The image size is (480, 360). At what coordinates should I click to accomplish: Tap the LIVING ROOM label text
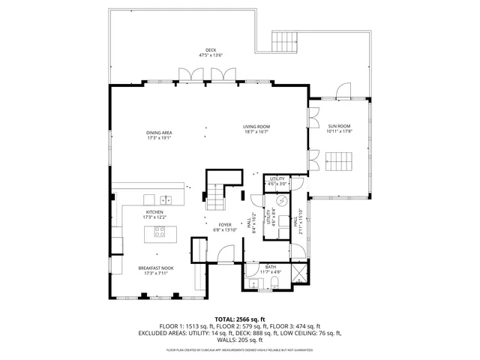[x=256, y=127]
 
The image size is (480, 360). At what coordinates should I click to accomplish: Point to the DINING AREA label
[x=160, y=133]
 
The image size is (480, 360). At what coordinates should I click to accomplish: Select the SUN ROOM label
[x=339, y=127]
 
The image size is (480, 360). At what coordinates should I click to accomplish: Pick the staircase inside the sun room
[x=340, y=161]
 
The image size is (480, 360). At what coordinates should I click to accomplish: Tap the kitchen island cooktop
[x=160, y=232]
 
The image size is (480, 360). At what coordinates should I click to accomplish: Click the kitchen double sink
[x=166, y=199]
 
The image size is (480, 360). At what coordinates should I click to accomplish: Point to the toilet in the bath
[x=274, y=283]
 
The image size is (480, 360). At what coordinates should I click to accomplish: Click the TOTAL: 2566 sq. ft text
[x=239, y=319]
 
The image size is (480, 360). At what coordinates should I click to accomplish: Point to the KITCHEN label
[x=154, y=212]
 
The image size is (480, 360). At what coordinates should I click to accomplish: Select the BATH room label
[x=271, y=266]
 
